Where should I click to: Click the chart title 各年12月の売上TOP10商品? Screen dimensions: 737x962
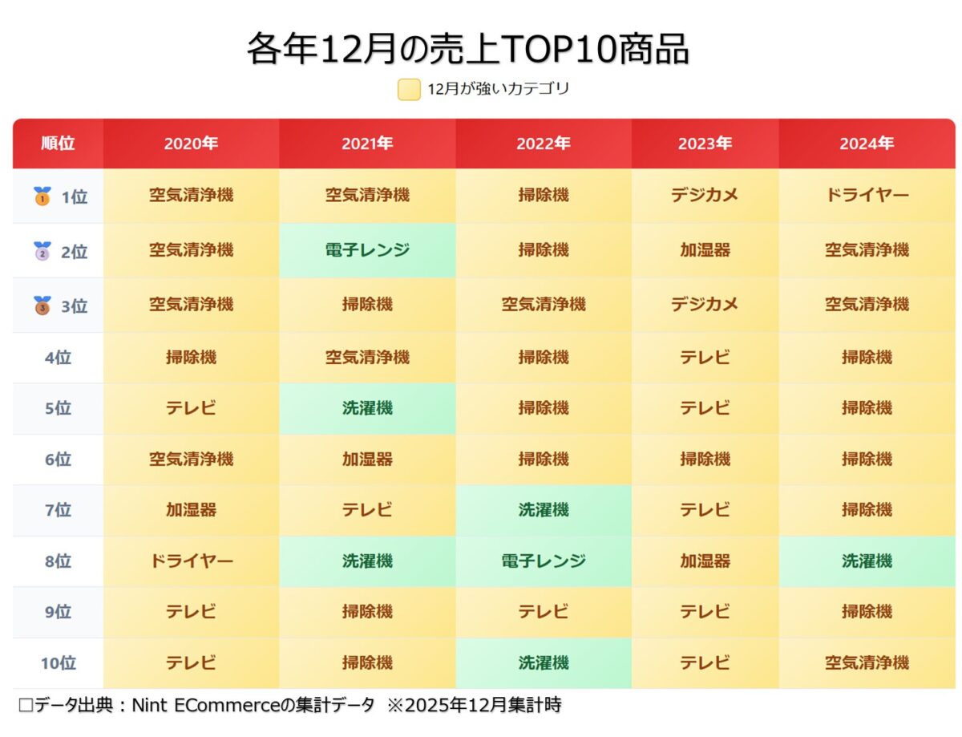467,50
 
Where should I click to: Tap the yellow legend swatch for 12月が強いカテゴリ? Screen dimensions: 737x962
409,89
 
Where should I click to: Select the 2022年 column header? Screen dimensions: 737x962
544,144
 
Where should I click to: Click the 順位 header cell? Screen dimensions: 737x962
58,144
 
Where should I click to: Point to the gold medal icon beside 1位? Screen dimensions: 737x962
42,196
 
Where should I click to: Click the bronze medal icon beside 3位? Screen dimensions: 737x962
42,306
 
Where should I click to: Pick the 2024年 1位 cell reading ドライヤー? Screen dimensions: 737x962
867,196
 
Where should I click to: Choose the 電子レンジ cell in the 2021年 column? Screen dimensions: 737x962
367,250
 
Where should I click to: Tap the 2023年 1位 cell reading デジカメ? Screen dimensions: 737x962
705,196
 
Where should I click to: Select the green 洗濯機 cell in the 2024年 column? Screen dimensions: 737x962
867,561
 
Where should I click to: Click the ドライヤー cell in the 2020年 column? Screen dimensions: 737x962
191,561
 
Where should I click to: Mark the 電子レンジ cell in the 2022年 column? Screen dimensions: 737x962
544,561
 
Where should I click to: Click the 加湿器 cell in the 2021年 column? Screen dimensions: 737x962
367,460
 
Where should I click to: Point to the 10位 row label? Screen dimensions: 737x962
58,663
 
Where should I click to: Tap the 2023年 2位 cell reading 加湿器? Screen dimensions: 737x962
705,250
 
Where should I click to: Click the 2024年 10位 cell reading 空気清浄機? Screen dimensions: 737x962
867,663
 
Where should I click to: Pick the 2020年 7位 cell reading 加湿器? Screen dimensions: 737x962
191,510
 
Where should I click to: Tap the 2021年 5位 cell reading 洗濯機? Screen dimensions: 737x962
367,408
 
